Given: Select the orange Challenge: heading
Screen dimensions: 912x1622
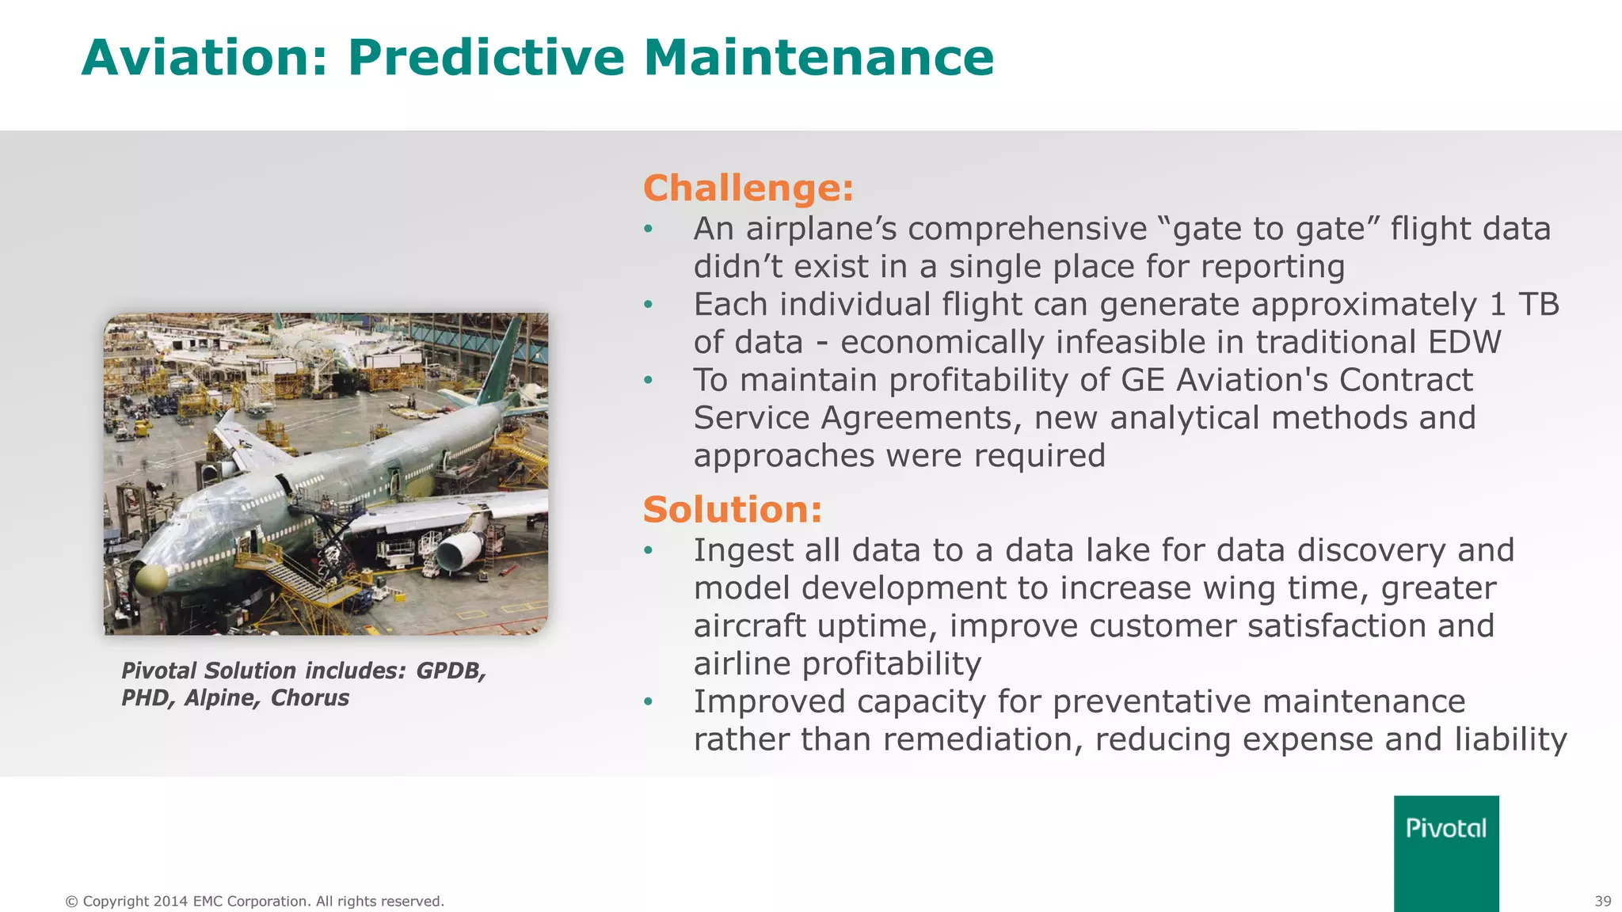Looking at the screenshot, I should click(x=748, y=188).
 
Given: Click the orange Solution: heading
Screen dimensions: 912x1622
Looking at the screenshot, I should click(x=733, y=509).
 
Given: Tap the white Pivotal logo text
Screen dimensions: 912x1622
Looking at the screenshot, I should click(x=1446, y=828).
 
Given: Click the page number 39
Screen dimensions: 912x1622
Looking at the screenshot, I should click(x=1602, y=901).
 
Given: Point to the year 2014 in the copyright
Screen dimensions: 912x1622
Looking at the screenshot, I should click(x=170, y=901).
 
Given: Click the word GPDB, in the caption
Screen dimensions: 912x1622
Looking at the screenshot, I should click(x=451, y=671).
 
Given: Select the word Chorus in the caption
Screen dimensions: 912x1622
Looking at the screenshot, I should click(x=310, y=698).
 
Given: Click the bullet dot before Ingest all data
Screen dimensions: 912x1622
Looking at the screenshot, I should click(x=649, y=550).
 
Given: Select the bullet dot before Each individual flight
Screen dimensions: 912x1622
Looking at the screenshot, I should click(x=649, y=304).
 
